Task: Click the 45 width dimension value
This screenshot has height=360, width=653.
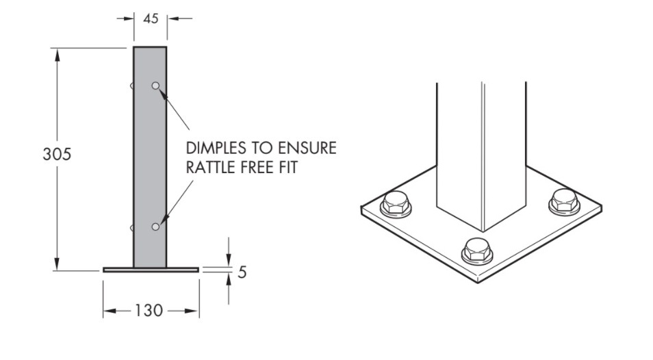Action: coord(150,18)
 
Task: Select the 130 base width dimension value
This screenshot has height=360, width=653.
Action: coord(149,311)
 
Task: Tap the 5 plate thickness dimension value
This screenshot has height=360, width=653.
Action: coord(242,272)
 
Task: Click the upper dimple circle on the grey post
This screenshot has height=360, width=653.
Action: coord(155,86)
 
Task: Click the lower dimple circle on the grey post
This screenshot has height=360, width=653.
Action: coord(155,227)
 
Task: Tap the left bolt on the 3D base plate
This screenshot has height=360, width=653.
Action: coord(396,203)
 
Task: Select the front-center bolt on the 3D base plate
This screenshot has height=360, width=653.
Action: coord(477,250)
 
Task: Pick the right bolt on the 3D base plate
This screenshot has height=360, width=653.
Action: coord(564,201)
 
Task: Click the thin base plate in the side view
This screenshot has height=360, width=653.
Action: coord(151,270)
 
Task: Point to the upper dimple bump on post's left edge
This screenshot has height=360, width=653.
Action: coord(132,86)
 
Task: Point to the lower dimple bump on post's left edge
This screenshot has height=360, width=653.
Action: coord(132,227)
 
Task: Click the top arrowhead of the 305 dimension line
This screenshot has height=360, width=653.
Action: coord(57,53)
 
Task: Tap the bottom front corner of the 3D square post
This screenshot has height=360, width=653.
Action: coord(483,231)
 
